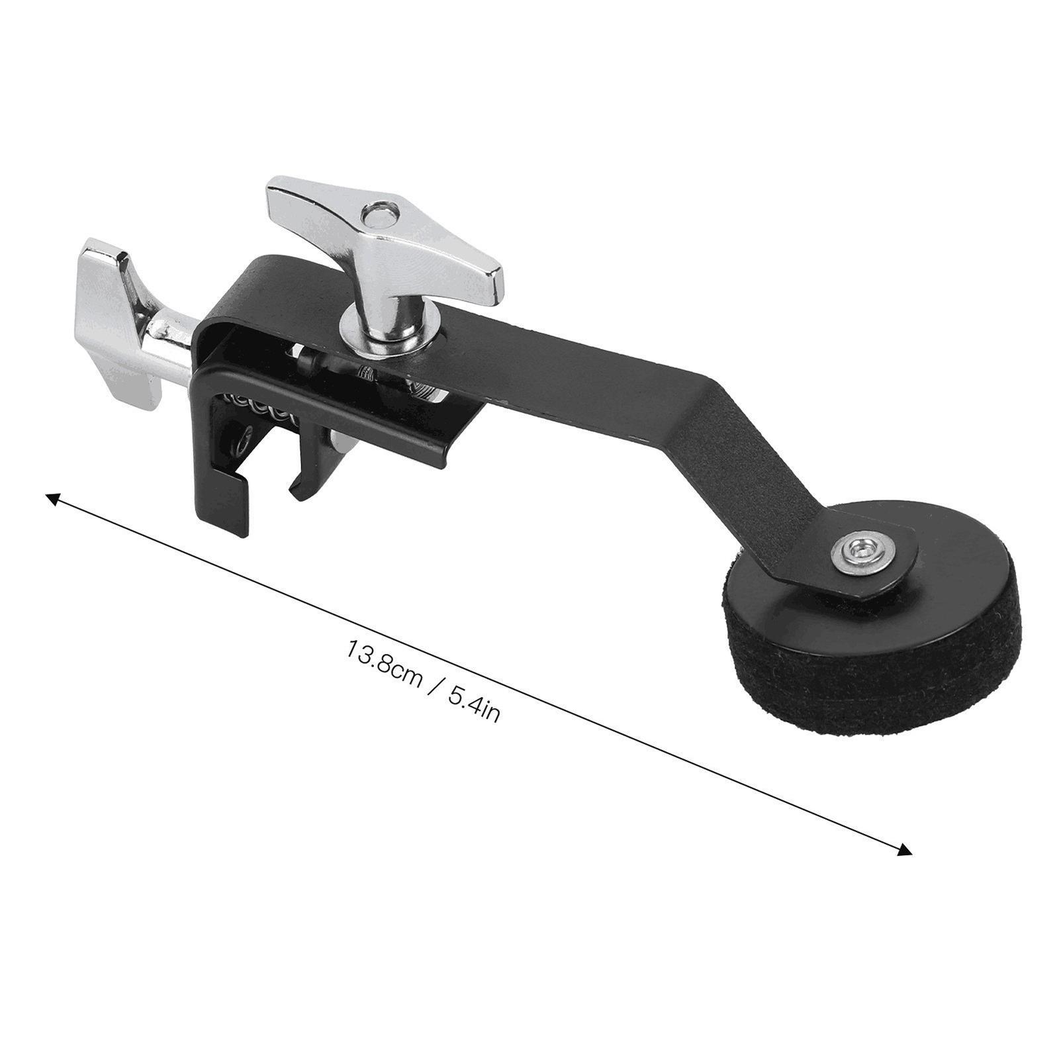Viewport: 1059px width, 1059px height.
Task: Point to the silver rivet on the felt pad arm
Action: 862,548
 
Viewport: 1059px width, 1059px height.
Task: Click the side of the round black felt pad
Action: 874,662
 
